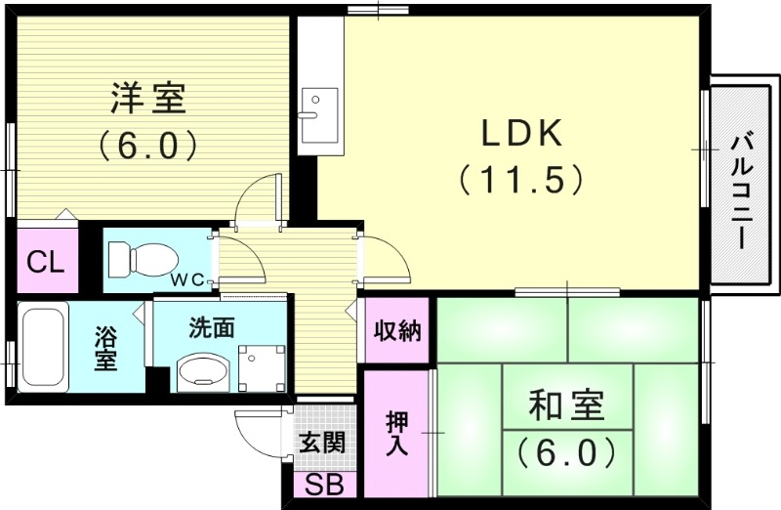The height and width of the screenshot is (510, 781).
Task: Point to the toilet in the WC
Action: pos(142,259)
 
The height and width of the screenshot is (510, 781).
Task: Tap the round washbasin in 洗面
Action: pos(202,370)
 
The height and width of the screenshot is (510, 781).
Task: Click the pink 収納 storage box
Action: pos(396,331)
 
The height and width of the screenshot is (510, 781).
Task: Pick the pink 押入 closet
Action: pos(397,432)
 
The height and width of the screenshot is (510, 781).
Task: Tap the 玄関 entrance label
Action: pos(321,443)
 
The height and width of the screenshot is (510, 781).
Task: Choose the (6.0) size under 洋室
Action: pos(148,146)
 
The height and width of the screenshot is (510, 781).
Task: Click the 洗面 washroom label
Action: pos(213,328)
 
